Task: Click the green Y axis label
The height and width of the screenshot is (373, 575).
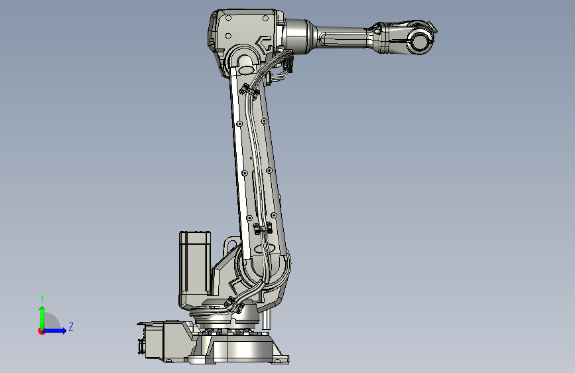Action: coord(42,299)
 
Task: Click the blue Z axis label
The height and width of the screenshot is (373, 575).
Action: coord(71,327)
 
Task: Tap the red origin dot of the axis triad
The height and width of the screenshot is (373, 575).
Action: coord(41,331)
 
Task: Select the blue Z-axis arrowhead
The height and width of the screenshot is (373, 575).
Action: coord(64,331)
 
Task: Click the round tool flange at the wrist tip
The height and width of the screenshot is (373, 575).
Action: coord(420,40)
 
